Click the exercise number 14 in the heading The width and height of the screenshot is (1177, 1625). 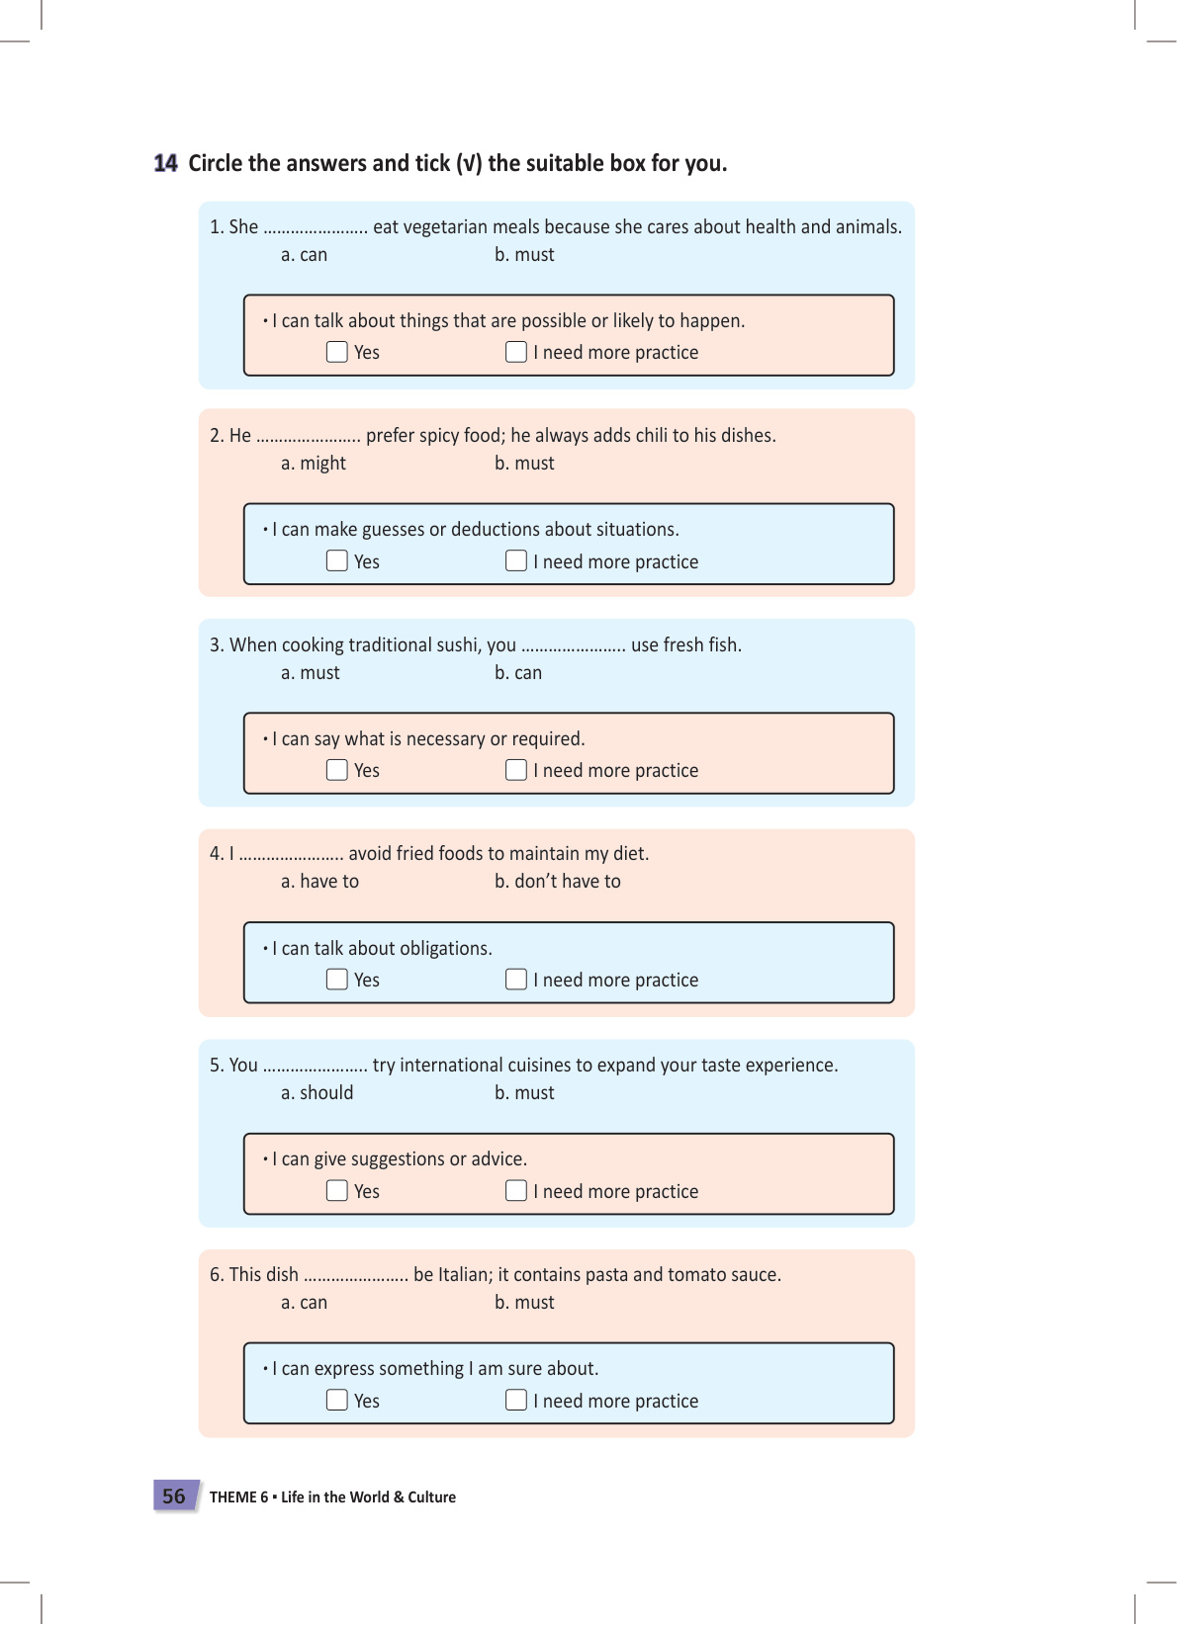point(165,163)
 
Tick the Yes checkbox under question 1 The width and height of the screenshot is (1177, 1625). point(337,352)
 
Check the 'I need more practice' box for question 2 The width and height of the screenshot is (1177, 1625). point(516,561)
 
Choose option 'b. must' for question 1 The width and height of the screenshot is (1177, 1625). point(524,255)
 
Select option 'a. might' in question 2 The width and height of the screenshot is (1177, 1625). point(313,464)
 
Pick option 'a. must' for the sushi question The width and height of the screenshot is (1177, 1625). point(310,673)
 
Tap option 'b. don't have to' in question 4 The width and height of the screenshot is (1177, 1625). point(557,882)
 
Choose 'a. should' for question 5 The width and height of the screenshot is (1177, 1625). point(317,1093)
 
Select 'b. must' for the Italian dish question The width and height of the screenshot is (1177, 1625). point(524,1303)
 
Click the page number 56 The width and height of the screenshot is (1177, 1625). point(174,1497)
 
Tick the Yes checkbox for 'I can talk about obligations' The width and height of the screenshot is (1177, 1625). point(337,980)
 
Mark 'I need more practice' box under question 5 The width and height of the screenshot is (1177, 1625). point(516,1191)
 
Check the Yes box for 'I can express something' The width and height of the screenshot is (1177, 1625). point(337,1401)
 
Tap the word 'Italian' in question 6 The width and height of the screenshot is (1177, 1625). point(464,1275)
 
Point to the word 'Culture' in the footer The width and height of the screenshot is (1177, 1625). point(432,1497)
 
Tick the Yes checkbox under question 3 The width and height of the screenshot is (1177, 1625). point(337,770)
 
